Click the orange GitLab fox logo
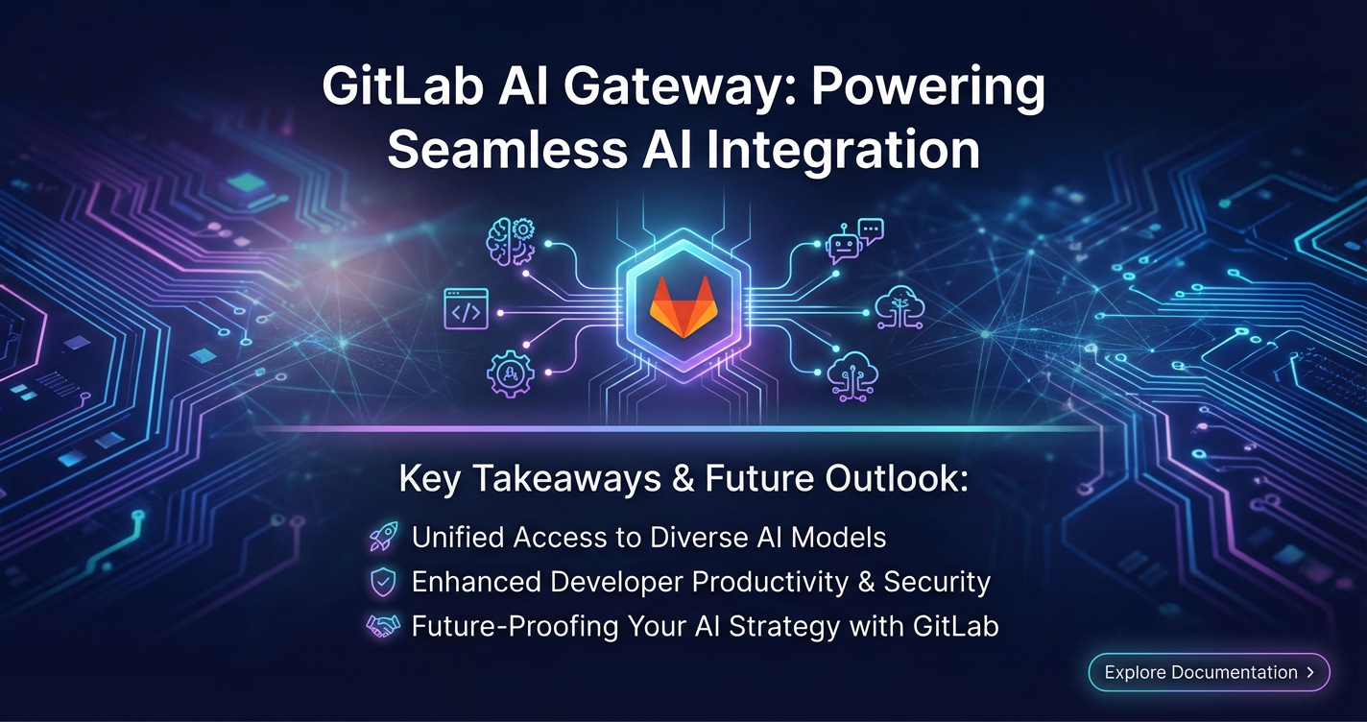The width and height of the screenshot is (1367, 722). tap(683, 307)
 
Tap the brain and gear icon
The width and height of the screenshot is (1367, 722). tap(511, 242)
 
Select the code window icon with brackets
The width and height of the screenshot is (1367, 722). tap(466, 309)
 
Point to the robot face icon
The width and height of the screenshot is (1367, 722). tap(843, 244)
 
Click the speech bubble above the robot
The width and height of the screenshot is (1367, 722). tap(871, 230)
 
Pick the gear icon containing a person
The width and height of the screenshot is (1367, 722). tap(510, 373)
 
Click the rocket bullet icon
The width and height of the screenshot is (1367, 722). tap(384, 537)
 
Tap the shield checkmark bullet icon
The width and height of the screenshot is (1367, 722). tap(383, 582)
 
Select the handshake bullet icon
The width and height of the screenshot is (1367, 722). tap(383, 626)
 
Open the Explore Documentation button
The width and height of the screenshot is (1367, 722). tap(1209, 672)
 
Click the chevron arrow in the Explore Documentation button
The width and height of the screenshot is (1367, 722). tap(1310, 672)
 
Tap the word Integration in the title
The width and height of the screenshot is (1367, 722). tap(843, 151)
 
